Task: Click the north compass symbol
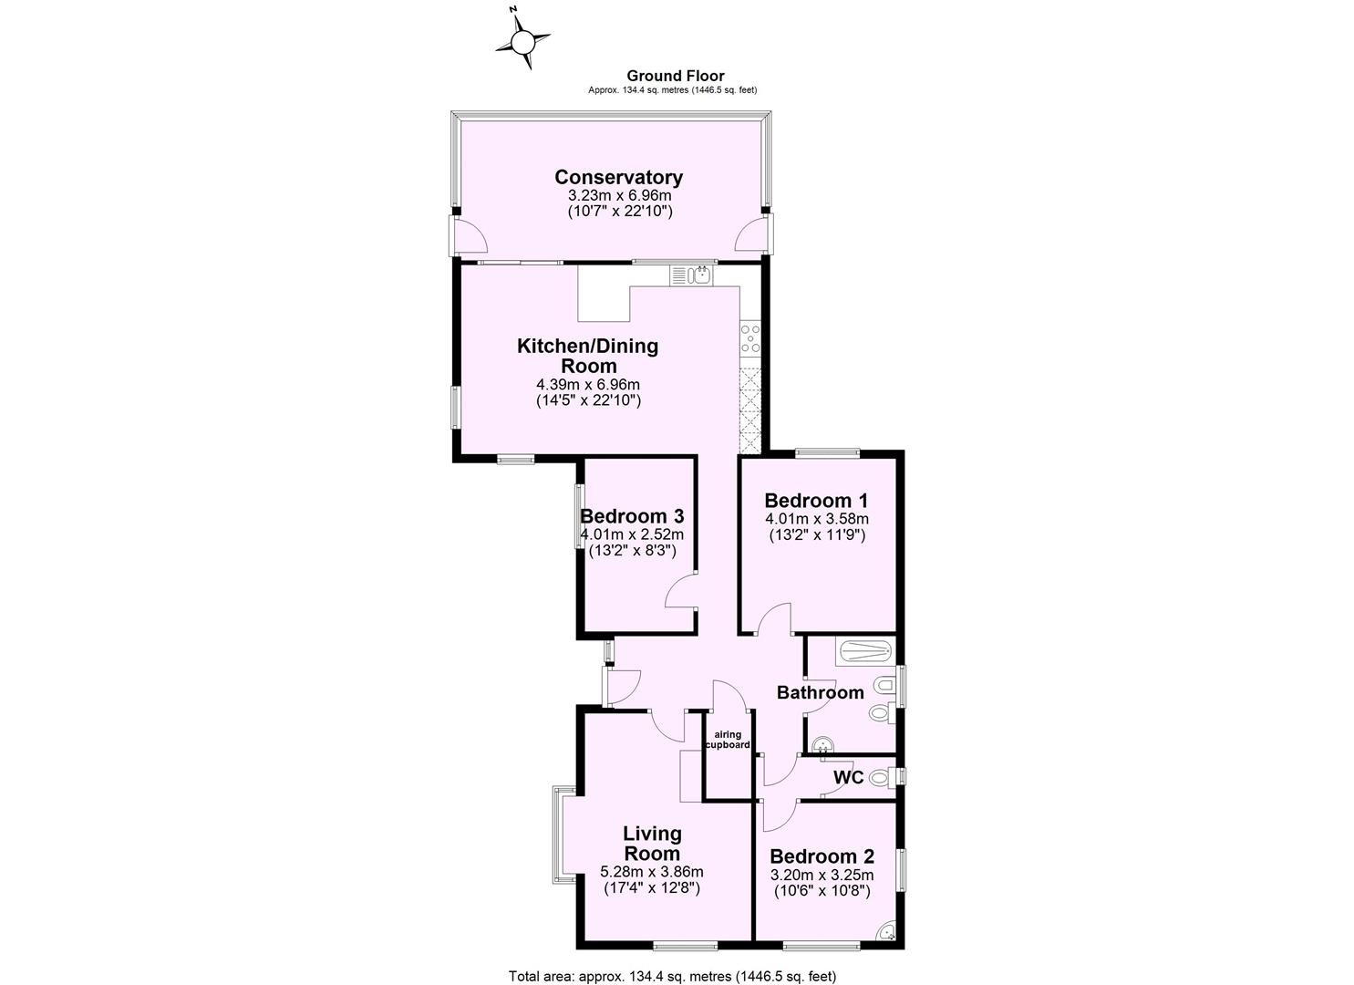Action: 522,41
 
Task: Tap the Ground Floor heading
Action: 675,77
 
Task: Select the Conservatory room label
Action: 618,177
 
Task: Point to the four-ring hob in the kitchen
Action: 750,337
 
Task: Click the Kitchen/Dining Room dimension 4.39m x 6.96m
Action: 588,384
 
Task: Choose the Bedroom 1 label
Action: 815,501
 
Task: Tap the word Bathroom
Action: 820,692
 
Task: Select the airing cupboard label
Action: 729,739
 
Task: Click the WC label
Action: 848,778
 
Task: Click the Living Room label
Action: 652,843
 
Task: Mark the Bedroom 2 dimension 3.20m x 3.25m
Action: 822,876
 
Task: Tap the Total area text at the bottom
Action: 671,976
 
